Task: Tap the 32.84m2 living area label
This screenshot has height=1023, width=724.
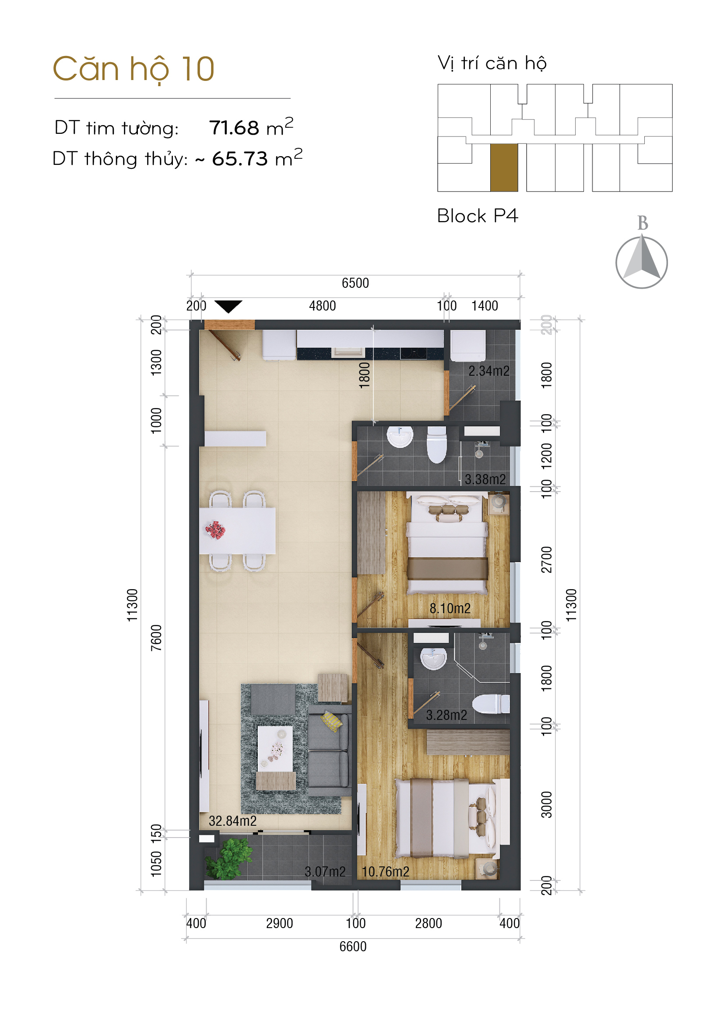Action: (233, 820)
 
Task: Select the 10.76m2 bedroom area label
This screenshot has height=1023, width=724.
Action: (385, 872)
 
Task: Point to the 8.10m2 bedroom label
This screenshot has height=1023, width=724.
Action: (450, 608)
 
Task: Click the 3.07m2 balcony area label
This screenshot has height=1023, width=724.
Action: (325, 872)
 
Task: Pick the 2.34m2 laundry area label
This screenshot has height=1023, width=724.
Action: (489, 371)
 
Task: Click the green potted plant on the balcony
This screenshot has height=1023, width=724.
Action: (229, 858)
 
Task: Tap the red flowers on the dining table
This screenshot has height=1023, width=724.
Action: (215, 530)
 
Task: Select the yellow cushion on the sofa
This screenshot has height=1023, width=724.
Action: (332, 721)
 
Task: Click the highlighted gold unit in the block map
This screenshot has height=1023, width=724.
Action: (504, 167)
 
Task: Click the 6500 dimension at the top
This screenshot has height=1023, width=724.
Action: (355, 283)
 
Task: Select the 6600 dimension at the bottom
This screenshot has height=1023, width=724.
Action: (353, 946)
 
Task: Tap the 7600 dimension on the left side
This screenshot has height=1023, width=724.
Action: (156, 638)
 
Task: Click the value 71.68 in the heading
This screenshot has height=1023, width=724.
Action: (234, 128)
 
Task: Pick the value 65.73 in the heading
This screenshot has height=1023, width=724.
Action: (239, 159)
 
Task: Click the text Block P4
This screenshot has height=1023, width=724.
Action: (478, 216)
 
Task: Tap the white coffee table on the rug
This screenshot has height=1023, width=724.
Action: (275, 748)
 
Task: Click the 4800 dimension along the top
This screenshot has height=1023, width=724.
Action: (322, 306)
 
